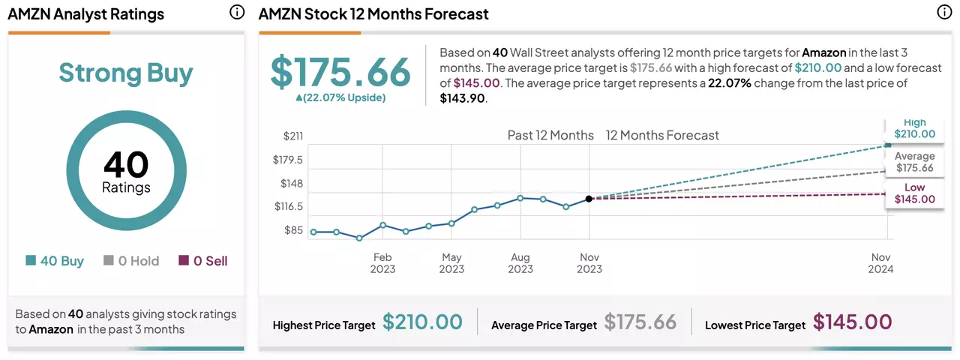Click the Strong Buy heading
pyautogui.click(x=126, y=73)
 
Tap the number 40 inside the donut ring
pyautogui.click(x=126, y=164)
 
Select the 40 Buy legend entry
pyautogui.click(x=55, y=260)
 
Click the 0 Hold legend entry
pyautogui.click(x=131, y=260)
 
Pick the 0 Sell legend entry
pyautogui.click(x=203, y=260)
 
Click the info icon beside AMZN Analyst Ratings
pyautogui.click(x=237, y=12)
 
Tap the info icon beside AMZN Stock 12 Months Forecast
pyautogui.click(x=944, y=12)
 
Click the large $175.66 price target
pyautogui.click(x=340, y=72)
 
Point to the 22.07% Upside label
pyautogui.click(x=340, y=97)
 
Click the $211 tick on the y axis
pyautogui.click(x=293, y=136)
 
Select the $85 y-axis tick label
pyautogui.click(x=293, y=230)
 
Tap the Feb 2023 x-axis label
pyautogui.click(x=382, y=263)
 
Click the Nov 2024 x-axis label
pyautogui.click(x=880, y=263)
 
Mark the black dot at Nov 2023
pyautogui.click(x=589, y=199)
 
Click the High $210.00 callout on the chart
pyautogui.click(x=914, y=128)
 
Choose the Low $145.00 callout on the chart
pyautogui.click(x=914, y=193)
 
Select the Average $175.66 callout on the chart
pyautogui.click(x=914, y=162)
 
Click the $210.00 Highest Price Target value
pyautogui.click(x=422, y=322)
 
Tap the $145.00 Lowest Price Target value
pyautogui.click(x=853, y=322)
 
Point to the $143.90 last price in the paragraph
pyautogui.click(x=463, y=98)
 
